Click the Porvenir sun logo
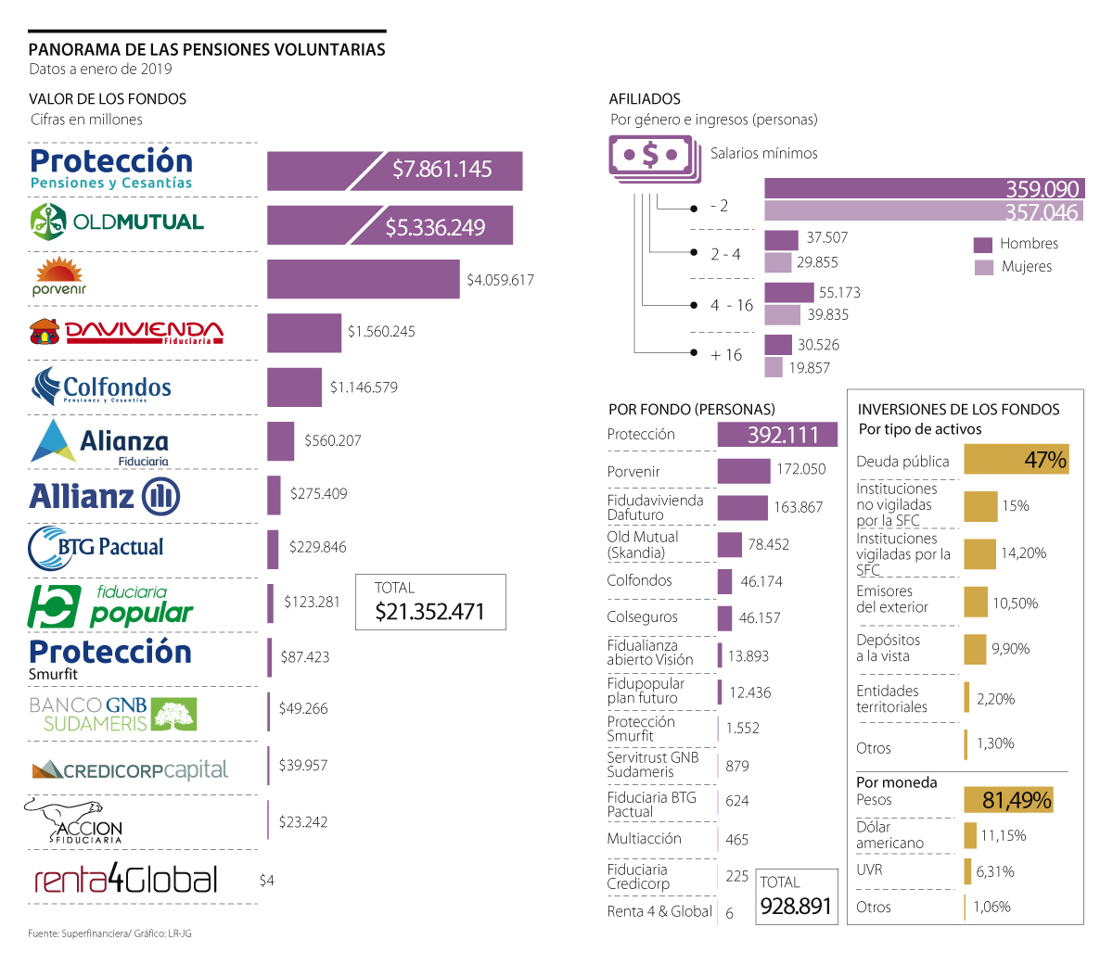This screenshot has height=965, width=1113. click(x=58, y=276)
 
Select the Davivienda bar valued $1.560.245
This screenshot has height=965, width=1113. click(x=304, y=333)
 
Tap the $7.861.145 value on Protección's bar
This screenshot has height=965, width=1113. click(x=441, y=170)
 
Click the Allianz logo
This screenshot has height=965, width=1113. click(x=104, y=497)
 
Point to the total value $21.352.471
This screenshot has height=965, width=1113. click(x=429, y=612)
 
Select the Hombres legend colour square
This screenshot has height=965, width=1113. click(x=983, y=245)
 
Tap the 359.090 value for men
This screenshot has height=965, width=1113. click(x=1043, y=189)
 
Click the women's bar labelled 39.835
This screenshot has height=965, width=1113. click(x=782, y=315)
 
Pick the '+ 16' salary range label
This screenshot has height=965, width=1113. click(x=726, y=355)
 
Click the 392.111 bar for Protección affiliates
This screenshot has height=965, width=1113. click(x=777, y=434)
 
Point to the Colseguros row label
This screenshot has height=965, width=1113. click(x=642, y=617)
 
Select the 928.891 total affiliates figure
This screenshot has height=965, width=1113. click(x=796, y=906)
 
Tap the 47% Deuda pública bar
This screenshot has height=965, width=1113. click(x=1017, y=460)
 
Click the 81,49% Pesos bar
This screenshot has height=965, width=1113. click(x=1017, y=800)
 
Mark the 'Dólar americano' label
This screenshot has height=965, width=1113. click(x=889, y=835)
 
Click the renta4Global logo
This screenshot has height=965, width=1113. click(x=126, y=880)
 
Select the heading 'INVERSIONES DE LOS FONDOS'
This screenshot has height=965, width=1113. click(x=958, y=410)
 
